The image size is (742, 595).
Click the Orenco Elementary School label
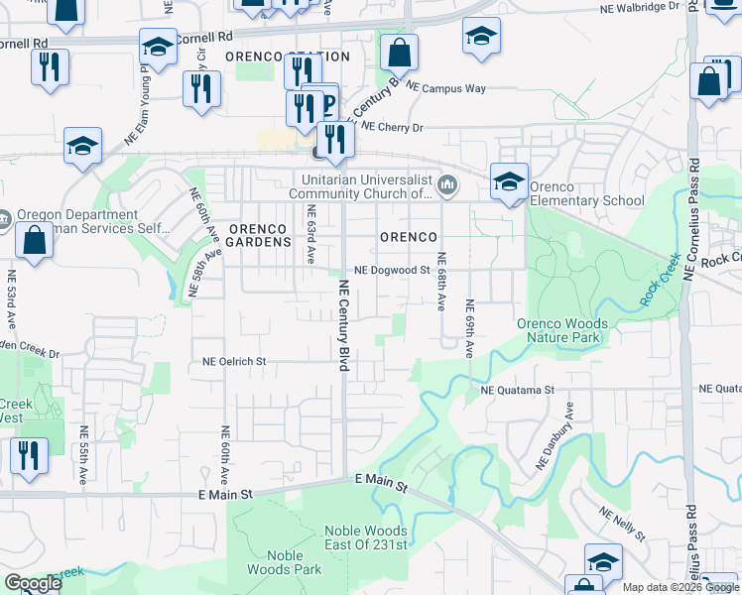tap(586, 193)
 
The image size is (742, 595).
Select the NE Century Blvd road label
tap(344, 325)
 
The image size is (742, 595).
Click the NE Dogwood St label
tap(391, 270)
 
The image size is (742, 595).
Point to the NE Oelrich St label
tap(234, 362)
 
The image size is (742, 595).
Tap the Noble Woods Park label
tap(285, 562)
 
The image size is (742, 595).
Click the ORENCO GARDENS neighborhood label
tap(259, 235)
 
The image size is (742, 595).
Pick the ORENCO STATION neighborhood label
tap(287, 57)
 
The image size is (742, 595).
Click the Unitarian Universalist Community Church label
tap(368, 186)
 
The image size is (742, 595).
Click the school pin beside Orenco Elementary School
tap(509, 181)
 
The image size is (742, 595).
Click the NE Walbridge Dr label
tap(640, 7)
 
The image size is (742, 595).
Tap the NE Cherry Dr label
tap(392, 127)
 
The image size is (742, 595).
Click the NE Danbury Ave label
tap(556, 436)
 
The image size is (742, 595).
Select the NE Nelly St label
tap(622, 524)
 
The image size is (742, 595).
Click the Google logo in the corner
tap(33, 583)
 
